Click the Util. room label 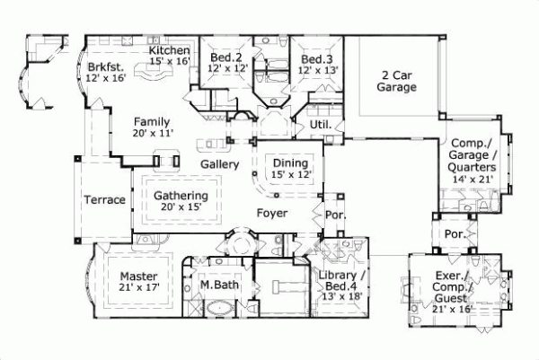[321, 125]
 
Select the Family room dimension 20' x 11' [152, 133]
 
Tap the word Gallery [219, 165]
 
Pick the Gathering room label [181, 196]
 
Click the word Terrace [104, 199]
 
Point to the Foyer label [272, 214]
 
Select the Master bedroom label [138, 275]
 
